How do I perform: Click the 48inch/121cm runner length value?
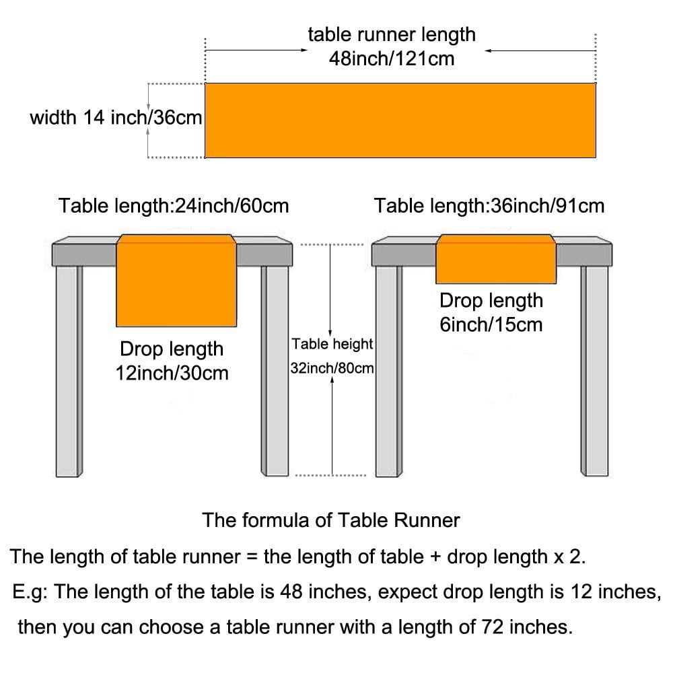coord(392,59)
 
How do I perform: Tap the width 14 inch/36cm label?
coord(116,117)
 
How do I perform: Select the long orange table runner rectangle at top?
coord(400,120)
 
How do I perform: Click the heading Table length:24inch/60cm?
coord(174,205)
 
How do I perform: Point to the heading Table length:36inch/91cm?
coord(489,205)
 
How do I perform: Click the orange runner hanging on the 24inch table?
coord(176,281)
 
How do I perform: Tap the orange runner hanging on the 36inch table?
coord(496,259)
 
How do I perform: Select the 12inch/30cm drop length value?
coord(172,373)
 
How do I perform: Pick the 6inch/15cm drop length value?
coord(491,324)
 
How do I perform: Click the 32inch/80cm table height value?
coord(332,368)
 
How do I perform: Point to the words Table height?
coord(332,344)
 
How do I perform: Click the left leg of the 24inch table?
coord(69,371)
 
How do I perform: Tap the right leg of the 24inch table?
coord(275,371)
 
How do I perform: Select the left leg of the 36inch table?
coord(389,371)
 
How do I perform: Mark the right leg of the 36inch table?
coord(594,371)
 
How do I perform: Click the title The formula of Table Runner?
coord(331,520)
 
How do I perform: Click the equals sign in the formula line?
coord(252,557)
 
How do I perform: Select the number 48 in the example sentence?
coord(291,592)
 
